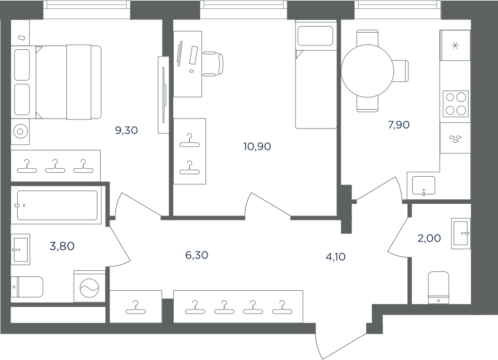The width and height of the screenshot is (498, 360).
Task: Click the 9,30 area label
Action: coord(126,130)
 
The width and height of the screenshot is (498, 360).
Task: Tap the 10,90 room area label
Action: coord(257,147)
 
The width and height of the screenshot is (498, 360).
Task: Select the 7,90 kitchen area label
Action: coord(398,125)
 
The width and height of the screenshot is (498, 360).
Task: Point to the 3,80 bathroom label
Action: coord(62,246)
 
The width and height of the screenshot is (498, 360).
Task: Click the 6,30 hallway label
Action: coord(196,255)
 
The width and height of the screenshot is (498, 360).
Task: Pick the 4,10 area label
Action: coord(336,256)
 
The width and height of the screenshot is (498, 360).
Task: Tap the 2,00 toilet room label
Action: coord(429,238)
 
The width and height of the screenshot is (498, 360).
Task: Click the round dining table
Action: coord(367,70)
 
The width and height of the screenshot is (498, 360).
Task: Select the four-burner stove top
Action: coord(455,104)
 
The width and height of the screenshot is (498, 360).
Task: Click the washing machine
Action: coord(90,286)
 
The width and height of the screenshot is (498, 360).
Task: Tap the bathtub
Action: coord(56,205)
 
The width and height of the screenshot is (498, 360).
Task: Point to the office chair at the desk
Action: coord(213,64)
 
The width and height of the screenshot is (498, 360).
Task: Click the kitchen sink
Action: coord(423,186)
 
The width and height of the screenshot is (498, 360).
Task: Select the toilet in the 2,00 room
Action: coord(439,287)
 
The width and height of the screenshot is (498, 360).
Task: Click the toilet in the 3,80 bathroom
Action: coord(27,287)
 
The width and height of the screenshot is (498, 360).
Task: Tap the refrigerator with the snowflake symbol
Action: coord(455,45)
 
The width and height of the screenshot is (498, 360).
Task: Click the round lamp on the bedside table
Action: coord(20,131)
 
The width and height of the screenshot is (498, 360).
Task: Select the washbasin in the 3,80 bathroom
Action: coord(20,249)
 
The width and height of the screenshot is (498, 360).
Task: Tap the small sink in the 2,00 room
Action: coord(461,233)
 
